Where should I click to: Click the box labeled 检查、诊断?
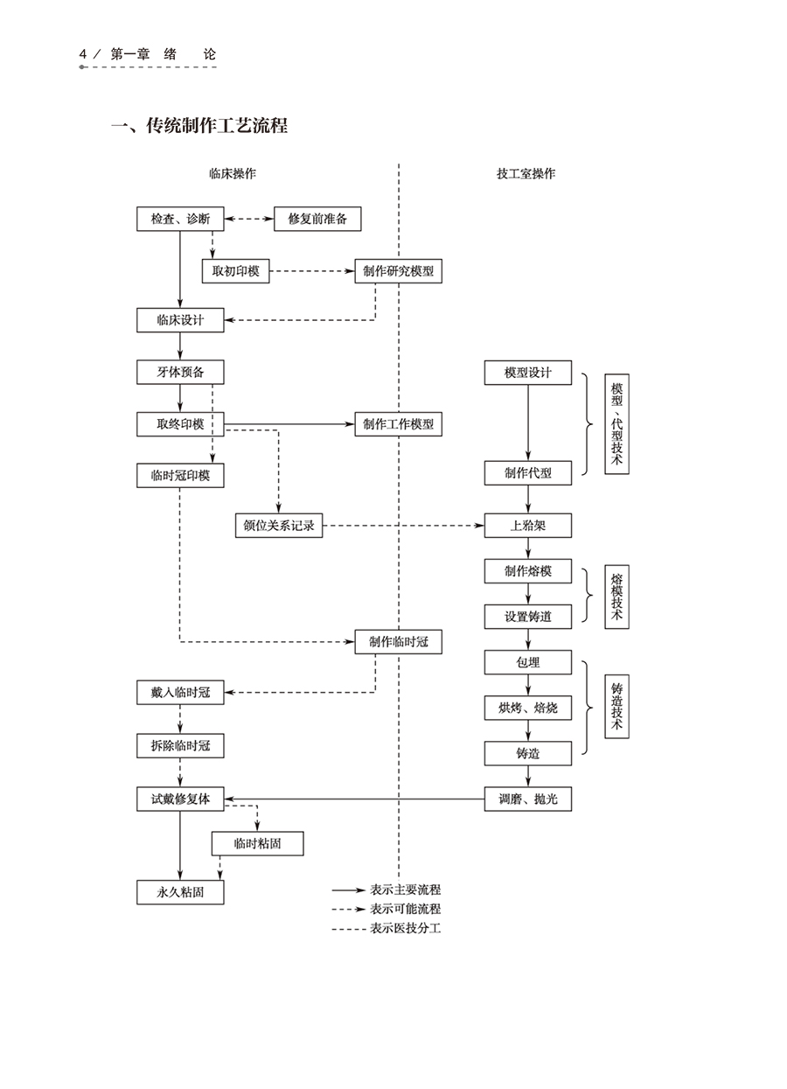pyautogui.click(x=180, y=219)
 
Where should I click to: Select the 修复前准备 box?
pyautogui.click(x=317, y=219)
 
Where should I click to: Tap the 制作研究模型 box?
pyautogui.click(x=398, y=271)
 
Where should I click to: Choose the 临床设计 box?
pyautogui.click(x=180, y=320)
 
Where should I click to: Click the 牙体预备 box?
pyautogui.click(x=180, y=373)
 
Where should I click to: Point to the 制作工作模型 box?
pyautogui.click(x=398, y=424)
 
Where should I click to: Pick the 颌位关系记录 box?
pyautogui.click(x=279, y=526)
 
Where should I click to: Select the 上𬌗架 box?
pyautogui.click(x=528, y=526)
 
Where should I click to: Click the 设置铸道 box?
pyautogui.click(x=528, y=617)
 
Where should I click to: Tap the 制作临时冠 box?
pyautogui.click(x=398, y=641)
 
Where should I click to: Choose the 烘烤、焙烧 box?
pyautogui.click(x=528, y=708)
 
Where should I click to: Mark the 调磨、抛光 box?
pyautogui.click(x=528, y=799)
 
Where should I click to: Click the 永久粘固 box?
pyautogui.click(x=180, y=892)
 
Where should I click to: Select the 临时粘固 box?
pyautogui.click(x=257, y=844)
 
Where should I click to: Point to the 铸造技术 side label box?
pyautogui.click(x=616, y=708)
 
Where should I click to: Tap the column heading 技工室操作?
pyautogui.click(x=526, y=174)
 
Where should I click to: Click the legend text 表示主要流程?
pyautogui.click(x=406, y=890)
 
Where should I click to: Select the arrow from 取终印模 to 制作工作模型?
pyautogui.click(x=289, y=424)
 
